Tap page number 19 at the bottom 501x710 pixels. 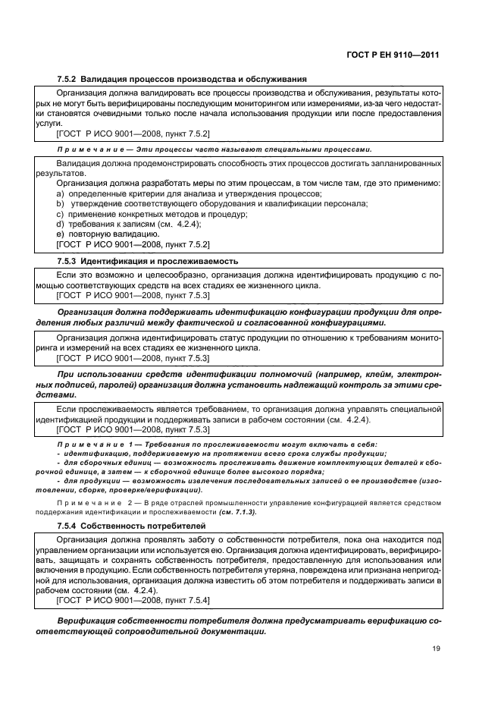coord(436,648)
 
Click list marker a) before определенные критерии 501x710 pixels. coord(61,194)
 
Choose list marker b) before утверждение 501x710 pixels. coord(61,204)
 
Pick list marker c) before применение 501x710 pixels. coord(61,215)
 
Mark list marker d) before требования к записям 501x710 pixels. coord(61,225)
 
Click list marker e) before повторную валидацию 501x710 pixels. coord(61,234)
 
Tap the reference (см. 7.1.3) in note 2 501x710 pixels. coord(237,512)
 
